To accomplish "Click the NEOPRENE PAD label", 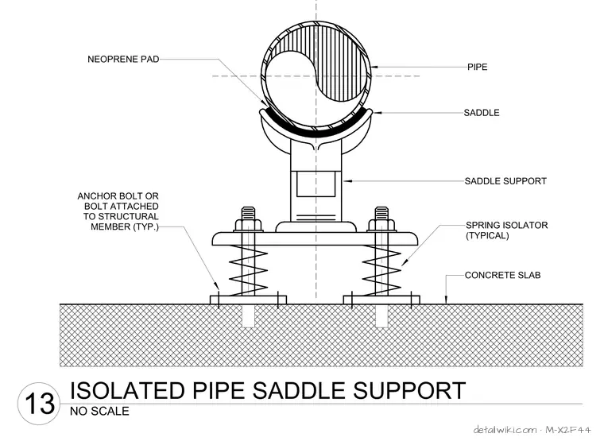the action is [x=123, y=60].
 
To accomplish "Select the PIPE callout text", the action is [x=478, y=67].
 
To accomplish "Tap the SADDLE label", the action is [x=482, y=113].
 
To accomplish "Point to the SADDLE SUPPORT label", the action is [x=505, y=181].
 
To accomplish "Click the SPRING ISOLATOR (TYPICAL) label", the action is [x=506, y=230].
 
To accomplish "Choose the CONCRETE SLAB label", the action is [x=503, y=275].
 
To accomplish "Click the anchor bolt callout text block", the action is [x=118, y=211].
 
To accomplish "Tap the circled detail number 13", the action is [x=39, y=404].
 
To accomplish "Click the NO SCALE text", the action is [x=99, y=411].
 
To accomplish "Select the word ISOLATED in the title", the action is [x=127, y=390].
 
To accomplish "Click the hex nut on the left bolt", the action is [x=249, y=225].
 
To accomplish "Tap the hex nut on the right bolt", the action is [x=381, y=225].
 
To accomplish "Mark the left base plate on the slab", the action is [x=249, y=300].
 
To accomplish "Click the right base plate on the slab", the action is [x=381, y=300].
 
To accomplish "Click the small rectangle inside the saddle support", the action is [x=316, y=184].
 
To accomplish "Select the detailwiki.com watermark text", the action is [x=505, y=430].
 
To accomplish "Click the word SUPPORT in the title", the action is [x=409, y=390].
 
